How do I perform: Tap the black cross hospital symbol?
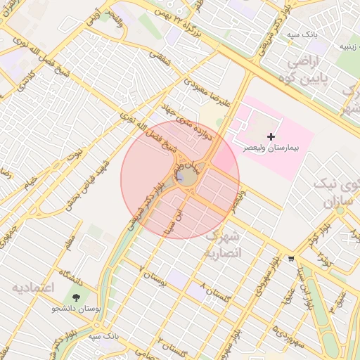[272, 135]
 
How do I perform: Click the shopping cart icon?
[291, 258]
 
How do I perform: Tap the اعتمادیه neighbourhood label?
[33, 288]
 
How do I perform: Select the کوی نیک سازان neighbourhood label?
[340, 195]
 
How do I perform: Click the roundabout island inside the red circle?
[186, 176]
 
